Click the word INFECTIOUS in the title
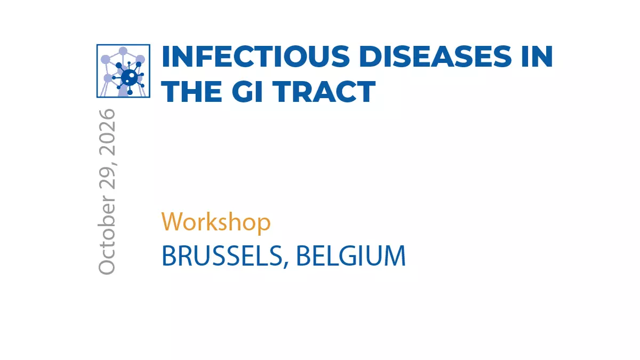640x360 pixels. (x=255, y=57)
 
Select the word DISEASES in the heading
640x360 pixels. (x=438, y=57)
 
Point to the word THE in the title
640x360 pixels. (x=191, y=91)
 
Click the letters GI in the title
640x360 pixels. (x=247, y=91)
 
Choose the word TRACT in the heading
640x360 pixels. (x=324, y=91)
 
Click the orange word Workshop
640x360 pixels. (x=215, y=222)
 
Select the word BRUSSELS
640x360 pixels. (x=222, y=255)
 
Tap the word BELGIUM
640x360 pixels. (x=351, y=255)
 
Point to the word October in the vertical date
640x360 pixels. (x=107, y=235)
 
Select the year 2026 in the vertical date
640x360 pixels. (x=107, y=132)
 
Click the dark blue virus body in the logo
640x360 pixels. (x=130, y=77)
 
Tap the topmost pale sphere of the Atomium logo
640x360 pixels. (x=123, y=51)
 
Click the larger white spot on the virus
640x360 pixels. (x=132, y=76)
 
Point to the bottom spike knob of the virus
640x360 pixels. (x=130, y=93)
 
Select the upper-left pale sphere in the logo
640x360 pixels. (x=106, y=59)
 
